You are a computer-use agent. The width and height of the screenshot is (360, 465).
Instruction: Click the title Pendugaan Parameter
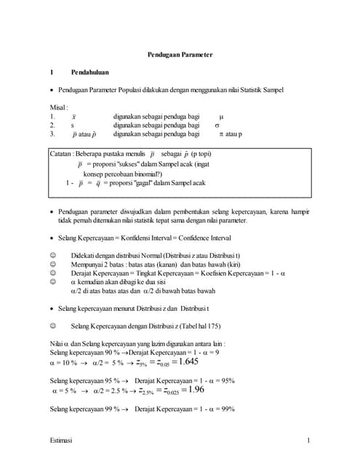click(180, 55)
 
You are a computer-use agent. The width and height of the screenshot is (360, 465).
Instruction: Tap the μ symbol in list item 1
click(221, 116)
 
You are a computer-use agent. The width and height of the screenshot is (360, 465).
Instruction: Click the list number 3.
click(52, 134)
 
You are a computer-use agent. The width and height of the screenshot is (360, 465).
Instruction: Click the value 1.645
click(188, 361)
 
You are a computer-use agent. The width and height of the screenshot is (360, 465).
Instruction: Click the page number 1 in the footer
click(308, 440)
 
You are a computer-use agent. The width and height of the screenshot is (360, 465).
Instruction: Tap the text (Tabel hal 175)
click(193, 327)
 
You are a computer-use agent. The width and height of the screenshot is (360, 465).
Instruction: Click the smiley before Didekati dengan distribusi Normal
click(52, 256)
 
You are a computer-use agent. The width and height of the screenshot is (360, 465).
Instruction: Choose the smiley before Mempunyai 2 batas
click(52, 265)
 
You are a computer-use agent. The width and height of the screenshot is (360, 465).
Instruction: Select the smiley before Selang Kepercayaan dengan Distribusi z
click(52, 327)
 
